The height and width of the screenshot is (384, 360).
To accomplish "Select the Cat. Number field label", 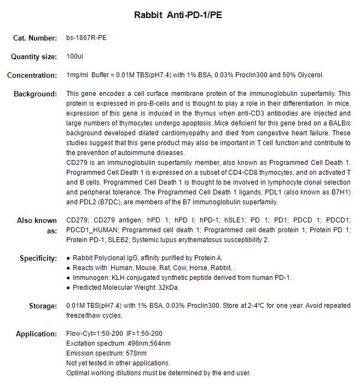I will click(x=35, y=38).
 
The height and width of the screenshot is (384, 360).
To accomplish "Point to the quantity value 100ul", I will click(x=74, y=56).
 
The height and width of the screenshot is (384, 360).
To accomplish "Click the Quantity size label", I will click(x=34, y=56).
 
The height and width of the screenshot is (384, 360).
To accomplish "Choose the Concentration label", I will click(x=32, y=75).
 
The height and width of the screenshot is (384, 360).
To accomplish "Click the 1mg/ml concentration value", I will click(x=78, y=75).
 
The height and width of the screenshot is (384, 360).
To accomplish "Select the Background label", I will click(x=35, y=94).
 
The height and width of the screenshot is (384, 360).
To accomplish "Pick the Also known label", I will click(x=37, y=221).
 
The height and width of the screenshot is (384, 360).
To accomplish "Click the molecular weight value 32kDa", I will click(x=167, y=288).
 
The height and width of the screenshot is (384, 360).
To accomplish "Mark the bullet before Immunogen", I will click(x=68, y=278).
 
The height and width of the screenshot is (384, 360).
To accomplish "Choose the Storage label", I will click(x=43, y=306).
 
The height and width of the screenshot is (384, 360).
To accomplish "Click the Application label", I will click(x=36, y=334).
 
